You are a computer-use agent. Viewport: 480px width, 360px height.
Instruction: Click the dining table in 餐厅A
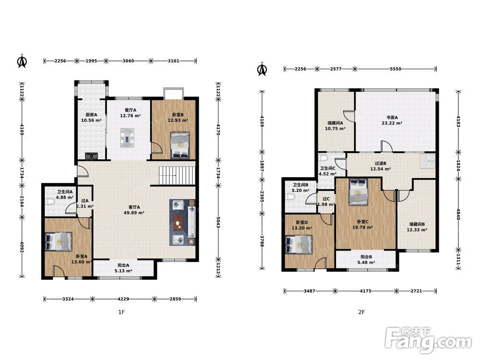(x=127, y=138)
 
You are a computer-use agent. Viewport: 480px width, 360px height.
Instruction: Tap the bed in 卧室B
(x=180, y=145)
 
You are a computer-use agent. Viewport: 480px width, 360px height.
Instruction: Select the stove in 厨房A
(x=91, y=156)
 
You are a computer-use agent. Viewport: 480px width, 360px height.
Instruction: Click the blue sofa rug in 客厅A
(x=182, y=222)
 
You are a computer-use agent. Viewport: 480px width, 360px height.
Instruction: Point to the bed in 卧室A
(x=59, y=241)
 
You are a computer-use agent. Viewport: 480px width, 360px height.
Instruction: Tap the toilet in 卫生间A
(x=48, y=202)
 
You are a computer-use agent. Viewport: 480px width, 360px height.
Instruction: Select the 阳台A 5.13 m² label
(x=123, y=268)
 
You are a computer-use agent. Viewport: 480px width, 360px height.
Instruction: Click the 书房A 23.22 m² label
(x=392, y=120)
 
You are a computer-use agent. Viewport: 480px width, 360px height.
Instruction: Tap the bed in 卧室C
(x=358, y=192)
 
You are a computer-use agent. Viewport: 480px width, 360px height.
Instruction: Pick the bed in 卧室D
(x=299, y=244)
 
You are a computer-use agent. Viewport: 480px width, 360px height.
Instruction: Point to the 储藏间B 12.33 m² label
(x=417, y=227)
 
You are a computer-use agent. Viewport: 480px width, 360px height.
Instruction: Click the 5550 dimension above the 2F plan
(x=396, y=69)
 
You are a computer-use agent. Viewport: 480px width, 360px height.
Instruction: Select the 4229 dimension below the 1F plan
(x=123, y=299)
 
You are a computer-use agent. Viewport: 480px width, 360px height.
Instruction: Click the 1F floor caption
(x=121, y=312)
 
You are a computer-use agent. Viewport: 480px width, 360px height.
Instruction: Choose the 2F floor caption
(x=361, y=312)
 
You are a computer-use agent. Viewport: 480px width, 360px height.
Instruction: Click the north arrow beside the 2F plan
(x=262, y=69)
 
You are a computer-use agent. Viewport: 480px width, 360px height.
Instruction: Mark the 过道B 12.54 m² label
(x=381, y=166)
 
